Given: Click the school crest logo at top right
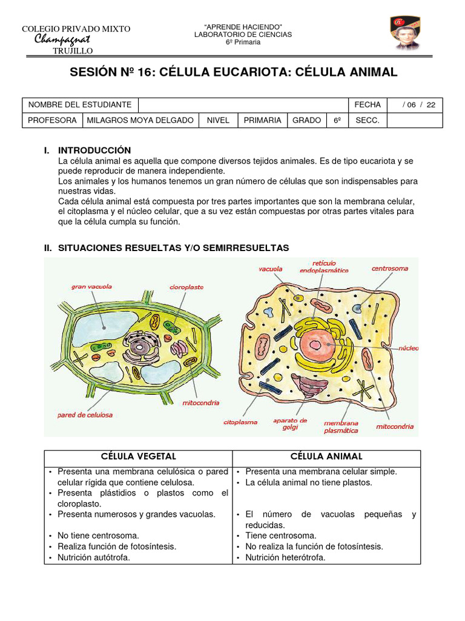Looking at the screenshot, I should coord(404,33).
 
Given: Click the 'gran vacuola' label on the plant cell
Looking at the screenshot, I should coord(91,286).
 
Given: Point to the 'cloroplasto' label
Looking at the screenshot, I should coord(186,287).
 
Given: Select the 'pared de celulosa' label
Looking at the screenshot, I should coord(85,415).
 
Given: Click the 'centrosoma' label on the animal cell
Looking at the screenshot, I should coord(389,268).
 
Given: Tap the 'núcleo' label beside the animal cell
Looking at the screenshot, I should coord(407,348).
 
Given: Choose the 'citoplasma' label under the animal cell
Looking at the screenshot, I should coord(240,421).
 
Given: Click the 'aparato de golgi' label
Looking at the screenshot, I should coord(290,423).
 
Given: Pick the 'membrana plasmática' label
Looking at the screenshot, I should coord(340,426).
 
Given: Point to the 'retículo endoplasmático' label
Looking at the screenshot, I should coord(324,266).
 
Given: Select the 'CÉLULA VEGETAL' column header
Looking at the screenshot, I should coord(139,456).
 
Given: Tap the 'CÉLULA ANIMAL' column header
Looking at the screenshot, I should coord(326,456).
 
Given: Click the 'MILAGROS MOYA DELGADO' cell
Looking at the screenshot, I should coord(140,120).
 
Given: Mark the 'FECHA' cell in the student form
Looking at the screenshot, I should coord(368,105).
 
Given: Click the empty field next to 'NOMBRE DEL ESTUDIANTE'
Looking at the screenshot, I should coord(242,105).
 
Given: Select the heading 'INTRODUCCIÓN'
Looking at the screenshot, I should coord(94,150).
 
